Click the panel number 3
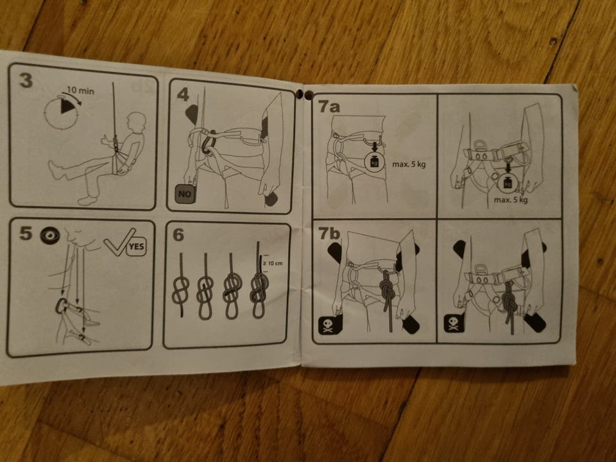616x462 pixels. pyautogui.click(x=26, y=80)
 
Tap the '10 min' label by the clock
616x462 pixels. pyautogui.click(x=80, y=90)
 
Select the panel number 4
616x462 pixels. pyautogui.click(x=183, y=94)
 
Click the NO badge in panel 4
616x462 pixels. pyautogui.click(x=185, y=194)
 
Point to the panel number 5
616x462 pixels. pyautogui.click(x=25, y=233)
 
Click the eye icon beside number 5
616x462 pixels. pyautogui.click(x=50, y=235)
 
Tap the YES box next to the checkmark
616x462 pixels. pyautogui.click(x=136, y=247)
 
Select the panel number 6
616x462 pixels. pyautogui.click(x=178, y=235)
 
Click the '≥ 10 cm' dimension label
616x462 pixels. pyautogui.click(x=272, y=263)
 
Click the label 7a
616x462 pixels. pyautogui.click(x=329, y=106)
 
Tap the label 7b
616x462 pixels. pyautogui.click(x=329, y=234)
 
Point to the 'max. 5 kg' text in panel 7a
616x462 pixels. pyautogui.click(x=409, y=164)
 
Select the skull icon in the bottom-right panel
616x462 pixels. pyautogui.click(x=454, y=323)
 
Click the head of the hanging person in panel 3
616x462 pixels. pyautogui.click(x=136, y=122)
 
